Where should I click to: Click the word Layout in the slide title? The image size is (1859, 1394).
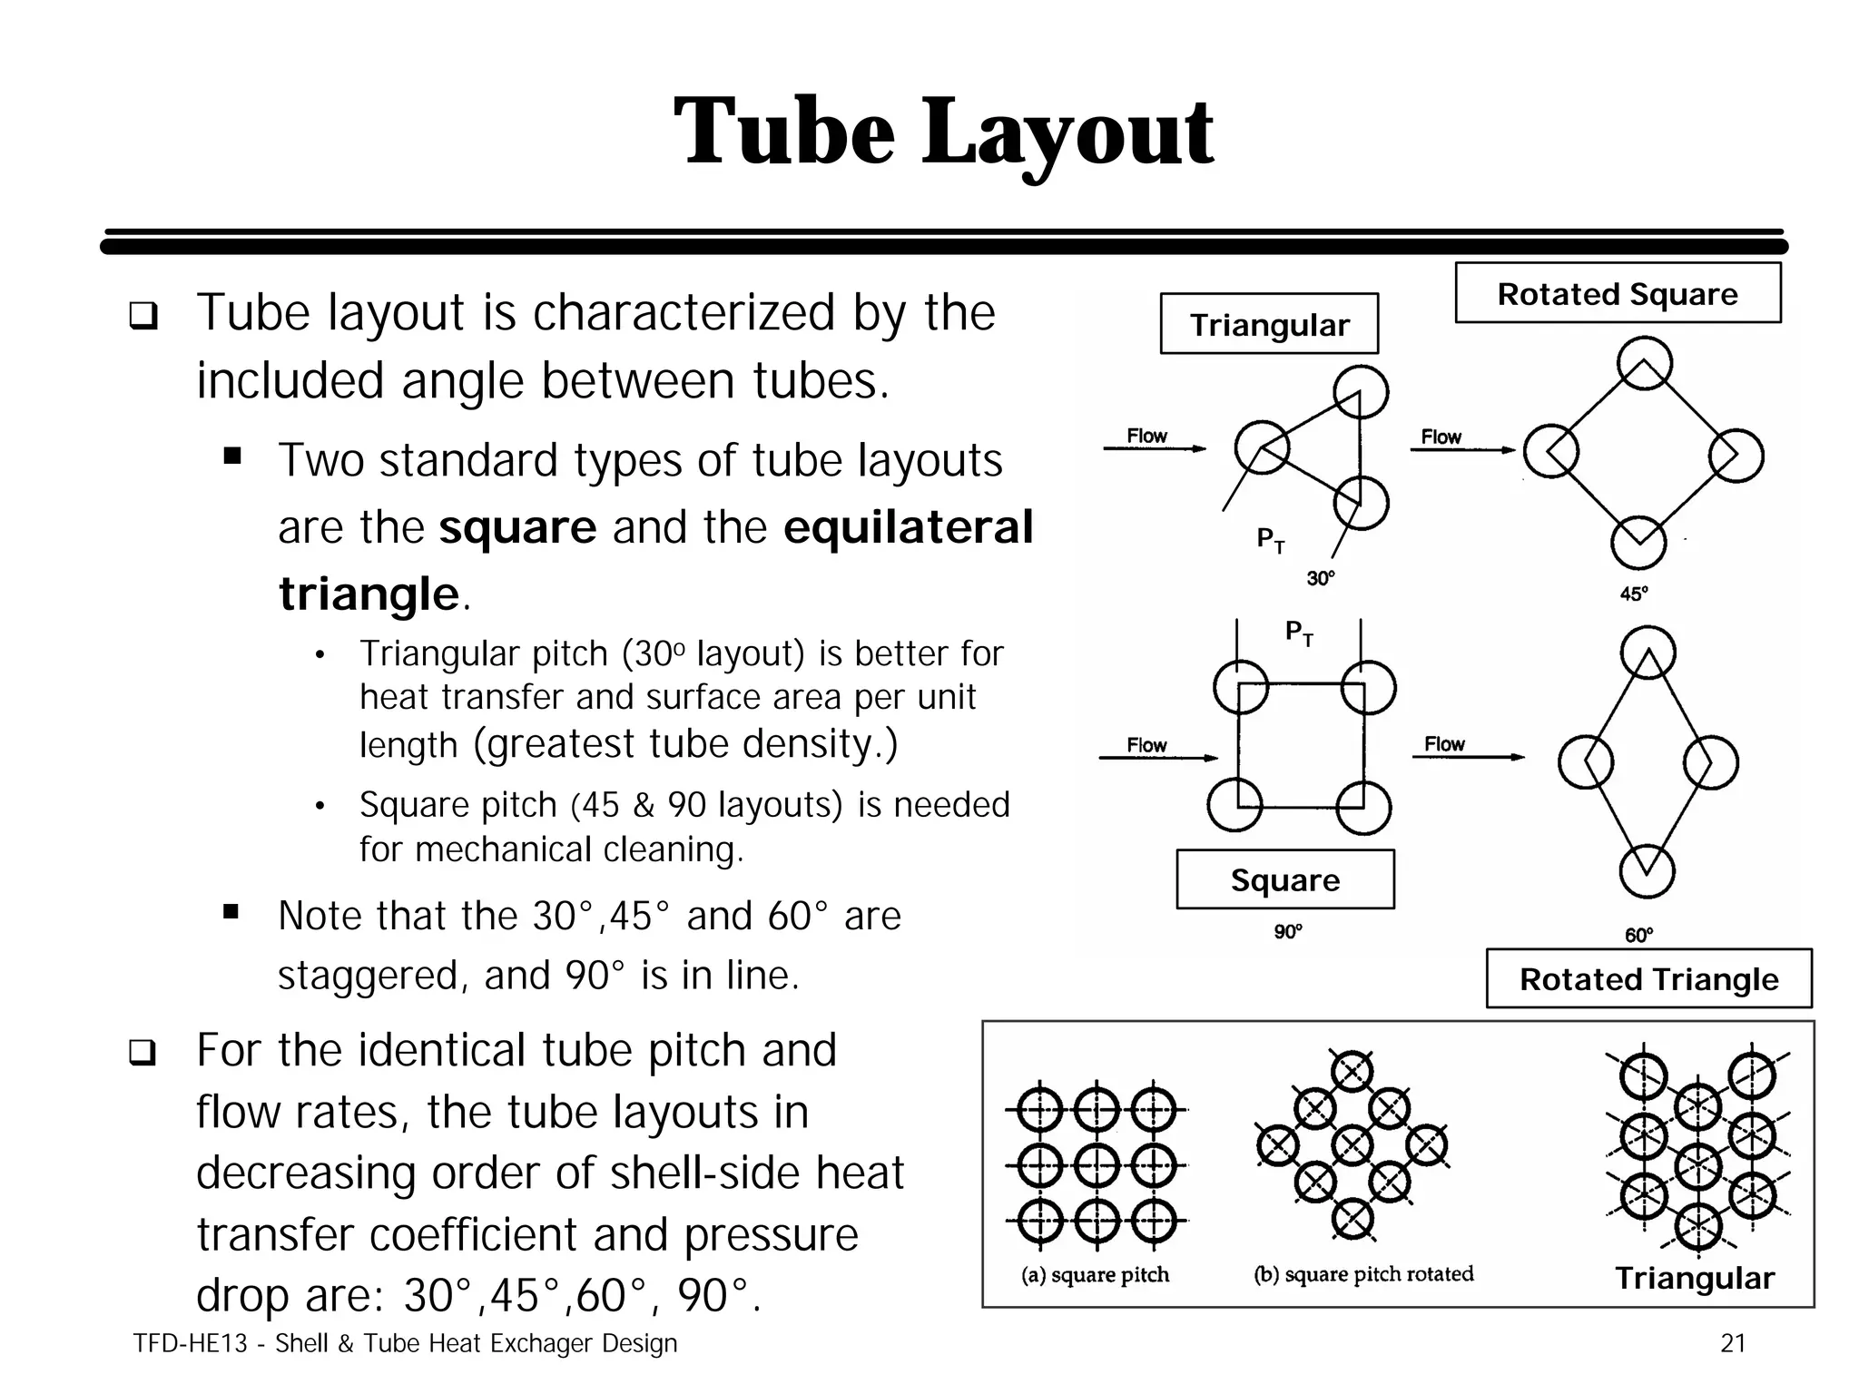click(x=1067, y=133)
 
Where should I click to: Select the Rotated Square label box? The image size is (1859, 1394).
click(x=1618, y=293)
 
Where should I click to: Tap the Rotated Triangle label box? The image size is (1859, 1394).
click(x=1648, y=979)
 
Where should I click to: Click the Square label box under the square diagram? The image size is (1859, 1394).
click(x=1284, y=879)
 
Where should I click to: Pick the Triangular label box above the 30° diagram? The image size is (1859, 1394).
click(x=1269, y=324)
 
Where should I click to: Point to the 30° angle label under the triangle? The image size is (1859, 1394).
click(x=1321, y=578)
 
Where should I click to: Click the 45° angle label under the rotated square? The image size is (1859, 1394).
click(x=1634, y=594)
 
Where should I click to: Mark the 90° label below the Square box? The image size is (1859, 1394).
click(x=1288, y=932)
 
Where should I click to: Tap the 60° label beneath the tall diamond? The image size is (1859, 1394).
click(x=1639, y=935)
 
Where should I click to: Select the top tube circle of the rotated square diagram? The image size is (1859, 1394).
click(x=1645, y=363)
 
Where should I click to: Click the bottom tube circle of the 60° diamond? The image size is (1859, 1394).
click(x=1647, y=871)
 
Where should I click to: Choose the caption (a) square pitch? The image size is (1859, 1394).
click(x=1095, y=1275)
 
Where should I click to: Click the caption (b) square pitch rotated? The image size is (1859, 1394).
click(x=1363, y=1274)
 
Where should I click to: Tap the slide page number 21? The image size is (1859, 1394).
click(x=1733, y=1343)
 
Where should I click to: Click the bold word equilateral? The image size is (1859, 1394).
click(x=908, y=527)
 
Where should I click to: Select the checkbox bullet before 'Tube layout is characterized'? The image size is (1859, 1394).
click(x=143, y=316)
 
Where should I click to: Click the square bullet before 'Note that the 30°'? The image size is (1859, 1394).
click(x=231, y=911)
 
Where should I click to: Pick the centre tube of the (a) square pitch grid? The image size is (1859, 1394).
click(x=1096, y=1165)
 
